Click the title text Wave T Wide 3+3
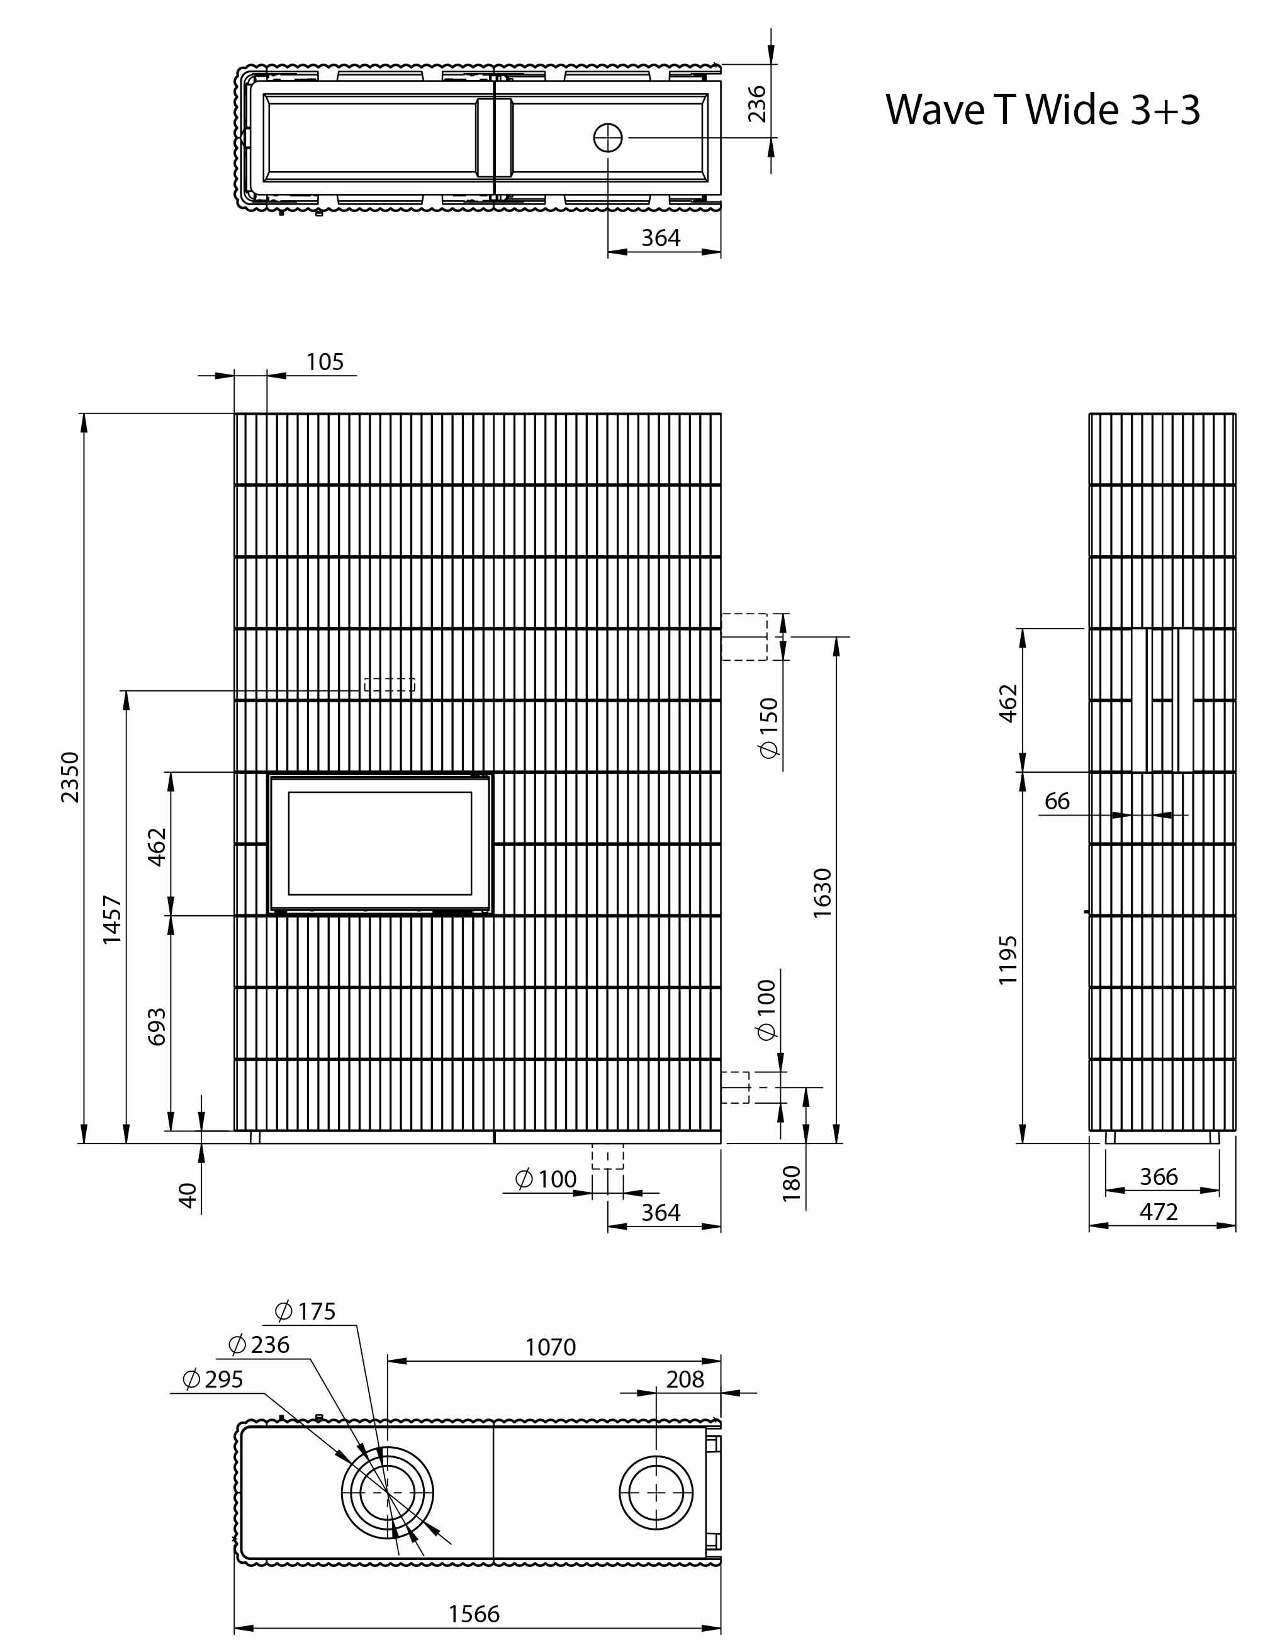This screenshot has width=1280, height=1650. (x=1042, y=109)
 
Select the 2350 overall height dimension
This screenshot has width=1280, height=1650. (x=69, y=777)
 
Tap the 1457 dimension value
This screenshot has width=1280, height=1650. (x=112, y=919)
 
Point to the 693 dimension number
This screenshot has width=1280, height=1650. (x=157, y=1026)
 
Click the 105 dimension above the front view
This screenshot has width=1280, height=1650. (x=325, y=362)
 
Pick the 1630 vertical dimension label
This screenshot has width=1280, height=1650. (x=822, y=893)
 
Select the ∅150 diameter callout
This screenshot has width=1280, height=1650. (x=768, y=728)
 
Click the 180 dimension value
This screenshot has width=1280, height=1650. (x=790, y=1183)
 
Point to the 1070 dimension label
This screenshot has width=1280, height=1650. (x=550, y=1347)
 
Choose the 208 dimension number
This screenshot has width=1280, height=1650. (x=685, y=1379)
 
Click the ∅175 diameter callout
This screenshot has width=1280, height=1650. (x=305, y=1311)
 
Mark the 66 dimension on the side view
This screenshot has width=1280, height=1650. (x=1057, y=801)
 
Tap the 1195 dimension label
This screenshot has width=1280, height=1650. (x=1008, y=960)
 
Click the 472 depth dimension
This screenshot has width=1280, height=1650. (x=1159, y=1212)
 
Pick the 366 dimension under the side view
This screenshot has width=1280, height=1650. (x=1159, y=1176)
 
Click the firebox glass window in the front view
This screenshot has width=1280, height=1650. (x=380, y=843)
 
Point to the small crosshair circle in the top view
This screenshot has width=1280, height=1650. (x=609, y=137)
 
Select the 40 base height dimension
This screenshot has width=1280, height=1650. (x=188, y=1195)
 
